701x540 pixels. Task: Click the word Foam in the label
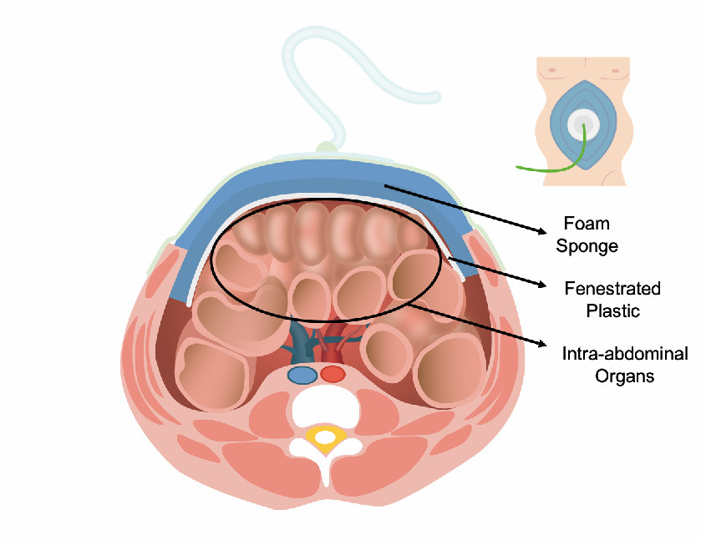587,224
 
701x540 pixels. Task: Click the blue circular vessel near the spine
302,375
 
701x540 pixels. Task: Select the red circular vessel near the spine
333,374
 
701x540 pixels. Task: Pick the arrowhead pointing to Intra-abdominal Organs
546,346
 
